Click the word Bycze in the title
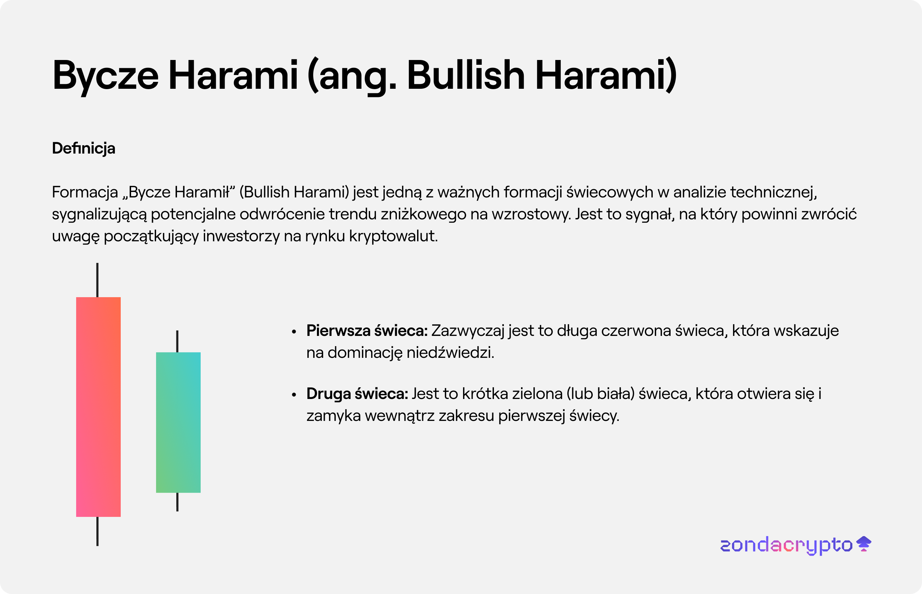[105, 76]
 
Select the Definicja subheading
[84, 148]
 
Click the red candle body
[98, 407]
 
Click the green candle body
[178, 422]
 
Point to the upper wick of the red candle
[97, 280]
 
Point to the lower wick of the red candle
[97, 532]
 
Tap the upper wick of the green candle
[177, 341]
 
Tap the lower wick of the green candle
[177, 502]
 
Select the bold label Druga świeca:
[357, 394]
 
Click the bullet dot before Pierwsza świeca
[294, 332]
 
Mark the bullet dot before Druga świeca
[294, 395]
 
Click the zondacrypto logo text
[786, 545]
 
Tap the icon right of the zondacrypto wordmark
[864, 544]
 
